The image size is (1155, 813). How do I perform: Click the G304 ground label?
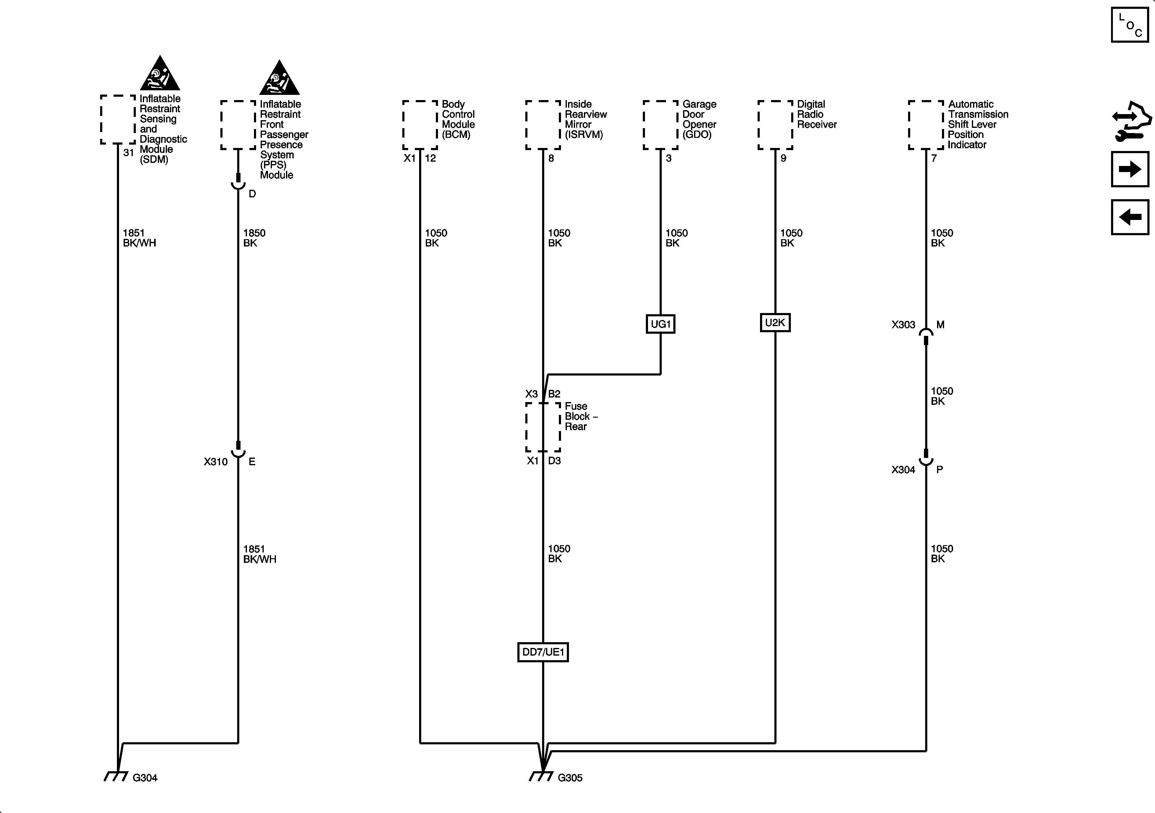(x=145, y=778)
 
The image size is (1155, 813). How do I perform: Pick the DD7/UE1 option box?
(x=543, y=652)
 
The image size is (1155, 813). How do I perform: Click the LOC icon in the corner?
(x=1130, y=25)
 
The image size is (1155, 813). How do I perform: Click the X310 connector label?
(x=215, y=462)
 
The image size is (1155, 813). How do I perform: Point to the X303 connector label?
(x=903, y=325)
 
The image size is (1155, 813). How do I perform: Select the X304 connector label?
(x=903, y=469)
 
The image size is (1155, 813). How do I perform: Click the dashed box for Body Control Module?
(x=420, y=125)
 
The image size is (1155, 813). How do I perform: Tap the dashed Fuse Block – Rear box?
(x=543, y=427)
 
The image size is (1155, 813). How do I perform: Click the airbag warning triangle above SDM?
(x=160, y=74)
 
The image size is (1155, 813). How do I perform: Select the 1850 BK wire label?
(x=254, y=238)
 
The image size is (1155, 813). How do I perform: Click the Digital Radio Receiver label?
(x=816, y=114)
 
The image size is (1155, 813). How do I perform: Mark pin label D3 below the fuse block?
(x=554, y=461)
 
